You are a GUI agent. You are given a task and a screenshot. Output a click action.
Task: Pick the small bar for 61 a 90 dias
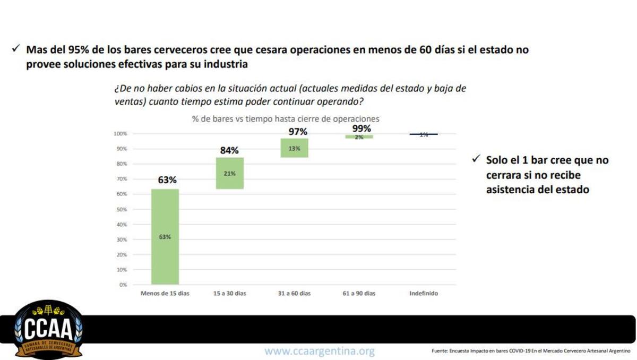point(359,136)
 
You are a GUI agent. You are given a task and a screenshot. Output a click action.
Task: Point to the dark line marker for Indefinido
point(424,134)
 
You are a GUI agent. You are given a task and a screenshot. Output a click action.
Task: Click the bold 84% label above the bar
point(229,150)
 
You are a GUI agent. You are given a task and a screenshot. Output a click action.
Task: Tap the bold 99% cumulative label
point(361,128)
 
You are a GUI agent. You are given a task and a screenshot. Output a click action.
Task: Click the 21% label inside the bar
point(229,174)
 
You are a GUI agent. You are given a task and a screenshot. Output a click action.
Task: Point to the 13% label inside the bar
point(294,149)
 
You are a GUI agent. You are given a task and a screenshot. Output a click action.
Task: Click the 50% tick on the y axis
point(122,209)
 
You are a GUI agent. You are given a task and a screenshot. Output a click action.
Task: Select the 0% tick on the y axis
point(123,285)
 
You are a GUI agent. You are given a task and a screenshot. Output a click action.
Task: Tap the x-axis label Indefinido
point(424,293)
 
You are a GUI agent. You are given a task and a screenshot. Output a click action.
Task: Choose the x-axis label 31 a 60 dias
point(294,293)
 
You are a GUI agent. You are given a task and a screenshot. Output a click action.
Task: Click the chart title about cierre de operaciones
point(286,119)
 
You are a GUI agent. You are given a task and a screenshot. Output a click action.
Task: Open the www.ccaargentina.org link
point(320,351)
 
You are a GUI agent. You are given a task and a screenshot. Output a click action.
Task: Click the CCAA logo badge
point(48,330)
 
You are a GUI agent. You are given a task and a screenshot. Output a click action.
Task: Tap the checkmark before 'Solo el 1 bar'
point(476,159)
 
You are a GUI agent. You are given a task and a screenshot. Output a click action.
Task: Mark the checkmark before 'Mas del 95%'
point(15,49)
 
